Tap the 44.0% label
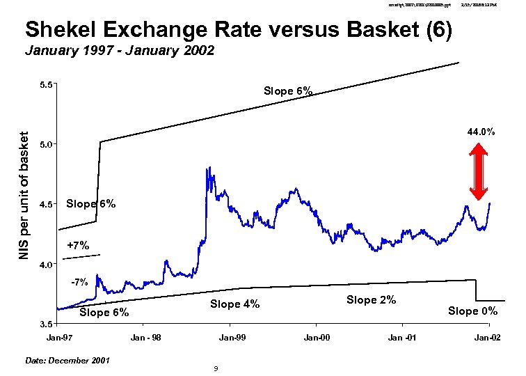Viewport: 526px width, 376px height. (481, 131)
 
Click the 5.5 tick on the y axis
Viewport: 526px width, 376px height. (47, 85)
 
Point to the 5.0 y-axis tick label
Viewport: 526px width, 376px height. (47, 144)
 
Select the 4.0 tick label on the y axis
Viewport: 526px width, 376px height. (47, 265)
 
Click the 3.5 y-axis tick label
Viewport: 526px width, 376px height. (47, 324)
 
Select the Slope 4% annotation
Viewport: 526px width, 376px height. (234, 304)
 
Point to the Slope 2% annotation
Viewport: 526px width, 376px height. (371, 299)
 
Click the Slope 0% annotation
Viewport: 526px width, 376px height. (472, 311)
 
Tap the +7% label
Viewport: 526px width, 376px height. (78, 245)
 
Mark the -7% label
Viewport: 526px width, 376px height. (79, 282)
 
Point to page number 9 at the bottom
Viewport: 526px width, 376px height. (216, 368)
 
